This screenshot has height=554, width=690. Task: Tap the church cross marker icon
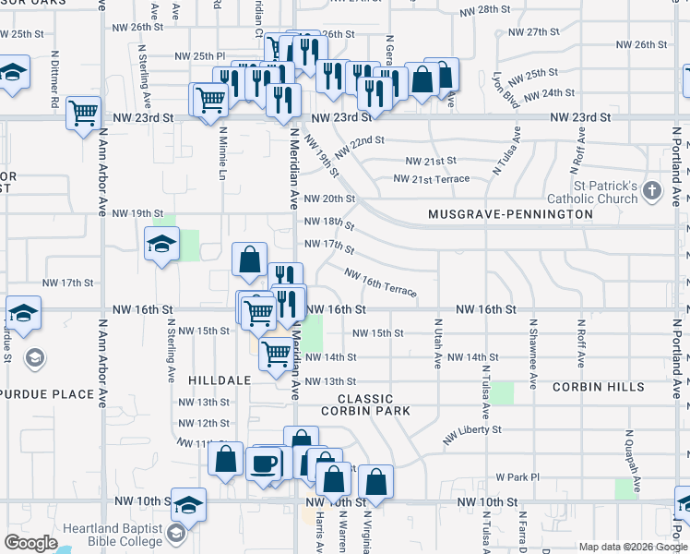tap(652, 192)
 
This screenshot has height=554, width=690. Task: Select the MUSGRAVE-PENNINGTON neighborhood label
tap(510, 214)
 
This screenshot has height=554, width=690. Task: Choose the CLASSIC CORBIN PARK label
tap(365, 403)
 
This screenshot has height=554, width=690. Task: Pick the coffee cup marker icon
tap(265, 462)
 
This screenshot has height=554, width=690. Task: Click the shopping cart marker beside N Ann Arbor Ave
tap(84, 113)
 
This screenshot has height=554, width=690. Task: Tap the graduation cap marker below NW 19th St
tap(161, 245)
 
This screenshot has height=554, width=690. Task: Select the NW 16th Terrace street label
tap(380, 283)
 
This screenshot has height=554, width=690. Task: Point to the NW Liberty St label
tap(471, 435)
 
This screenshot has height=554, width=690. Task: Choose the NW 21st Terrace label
tap(431, 179)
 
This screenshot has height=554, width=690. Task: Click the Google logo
tap(31, 543)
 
